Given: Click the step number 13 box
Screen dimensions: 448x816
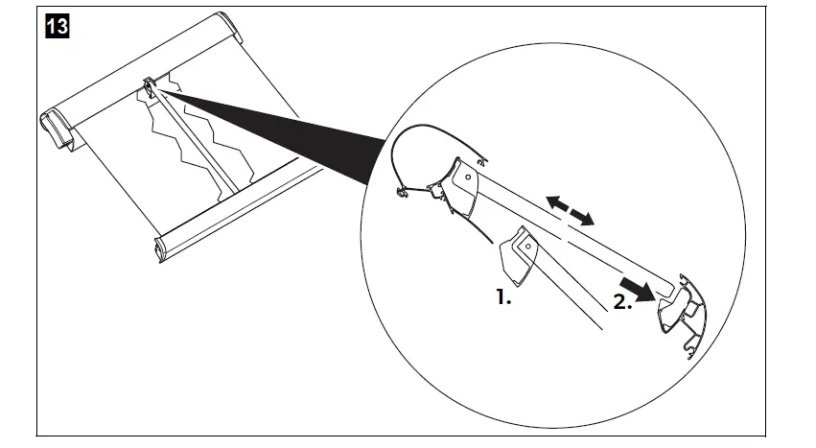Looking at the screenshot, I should point(57,26).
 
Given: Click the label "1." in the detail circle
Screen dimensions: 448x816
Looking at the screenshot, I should point(503,297).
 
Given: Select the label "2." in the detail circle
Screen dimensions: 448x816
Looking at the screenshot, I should point(622,301).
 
